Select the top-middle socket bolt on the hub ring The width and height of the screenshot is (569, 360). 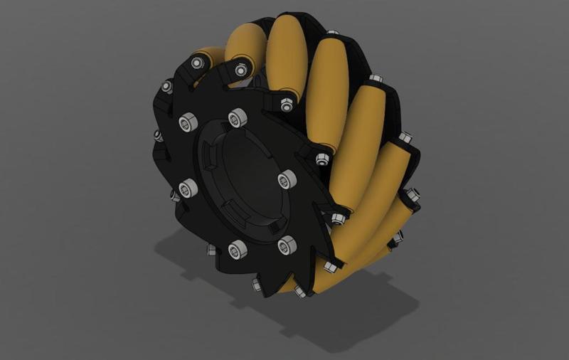point(237,117)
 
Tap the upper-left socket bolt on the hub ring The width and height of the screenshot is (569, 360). point(187,122)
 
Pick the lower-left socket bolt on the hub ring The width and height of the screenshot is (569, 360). point(188,189)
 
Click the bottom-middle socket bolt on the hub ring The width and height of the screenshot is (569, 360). point(238,248)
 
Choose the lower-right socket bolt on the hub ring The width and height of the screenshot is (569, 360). point(287,246)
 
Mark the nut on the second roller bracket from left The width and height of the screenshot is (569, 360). point(241,70)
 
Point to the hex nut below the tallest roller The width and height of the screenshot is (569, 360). point(287,105)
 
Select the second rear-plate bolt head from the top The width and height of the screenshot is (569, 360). point(376,78)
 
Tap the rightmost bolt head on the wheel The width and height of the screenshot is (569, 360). point(413,193)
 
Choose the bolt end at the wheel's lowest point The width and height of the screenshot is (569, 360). point(299,292)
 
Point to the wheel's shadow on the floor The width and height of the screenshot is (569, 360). point(356,313)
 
